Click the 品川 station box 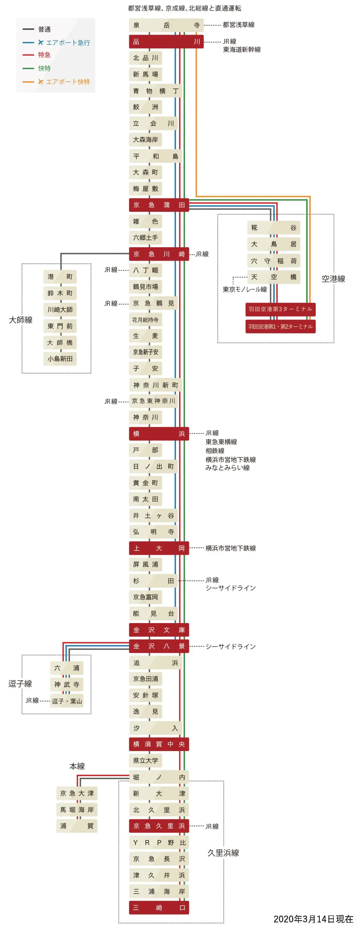[x=166, y=42]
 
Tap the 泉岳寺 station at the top [x=166, y=25]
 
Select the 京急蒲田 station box [x=159, y=205]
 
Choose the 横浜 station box [x=159, y=434]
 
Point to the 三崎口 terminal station [x=159, y=908]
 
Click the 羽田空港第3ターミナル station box [x=281, y=309]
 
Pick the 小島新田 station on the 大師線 [x=60, y=359]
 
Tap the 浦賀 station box [x=77, y=826]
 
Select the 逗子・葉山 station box [x=67, y=701]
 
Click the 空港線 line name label [x=333, y=279]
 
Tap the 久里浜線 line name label [x=223, y=853]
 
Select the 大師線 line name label [x=21, y=320]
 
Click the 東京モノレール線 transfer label [x=245, y=289]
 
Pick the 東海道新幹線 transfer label [x=242, y=50]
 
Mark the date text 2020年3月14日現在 [x=313, y=919]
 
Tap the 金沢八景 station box [x=159, y=646]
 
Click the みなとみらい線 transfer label [x=227, y=468]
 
